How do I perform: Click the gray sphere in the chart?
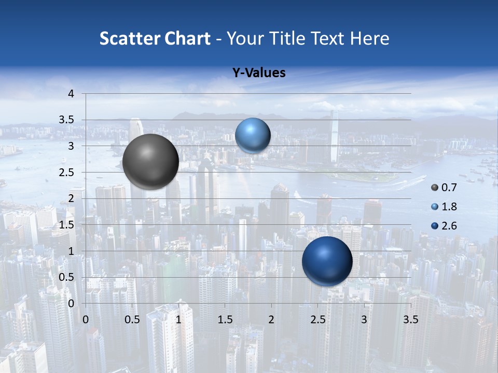(151, 162)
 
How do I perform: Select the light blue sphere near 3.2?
(253, 135)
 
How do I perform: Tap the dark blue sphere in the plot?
(327, 261)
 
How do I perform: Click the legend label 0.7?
(449, 187)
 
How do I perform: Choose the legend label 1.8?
(449, 207)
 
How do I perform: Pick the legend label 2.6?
(449, 226)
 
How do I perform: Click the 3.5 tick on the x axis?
(410, 320)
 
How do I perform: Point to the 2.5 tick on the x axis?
(317, 320)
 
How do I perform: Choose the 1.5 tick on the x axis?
(225, 320)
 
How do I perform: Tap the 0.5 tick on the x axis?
(132, 320)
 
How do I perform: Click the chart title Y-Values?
(259, 73)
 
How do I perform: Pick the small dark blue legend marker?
(435, 226)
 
